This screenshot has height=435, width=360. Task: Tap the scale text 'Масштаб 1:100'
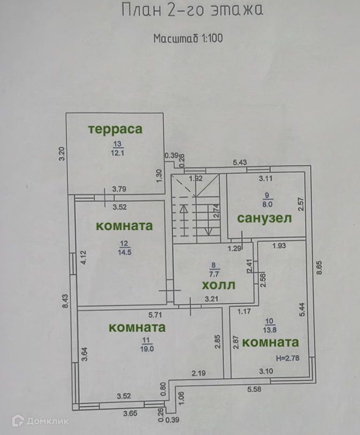coord(187,39)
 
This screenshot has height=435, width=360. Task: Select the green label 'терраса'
coord(116,129)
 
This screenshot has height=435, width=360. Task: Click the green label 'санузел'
coord(264,218)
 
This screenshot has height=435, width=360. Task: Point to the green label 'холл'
coord(217,285)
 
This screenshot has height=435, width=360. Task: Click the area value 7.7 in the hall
coord(214,272)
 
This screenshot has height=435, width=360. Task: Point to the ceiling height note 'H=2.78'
coord(287,357)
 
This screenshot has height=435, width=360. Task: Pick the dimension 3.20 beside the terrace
coord(62,155)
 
